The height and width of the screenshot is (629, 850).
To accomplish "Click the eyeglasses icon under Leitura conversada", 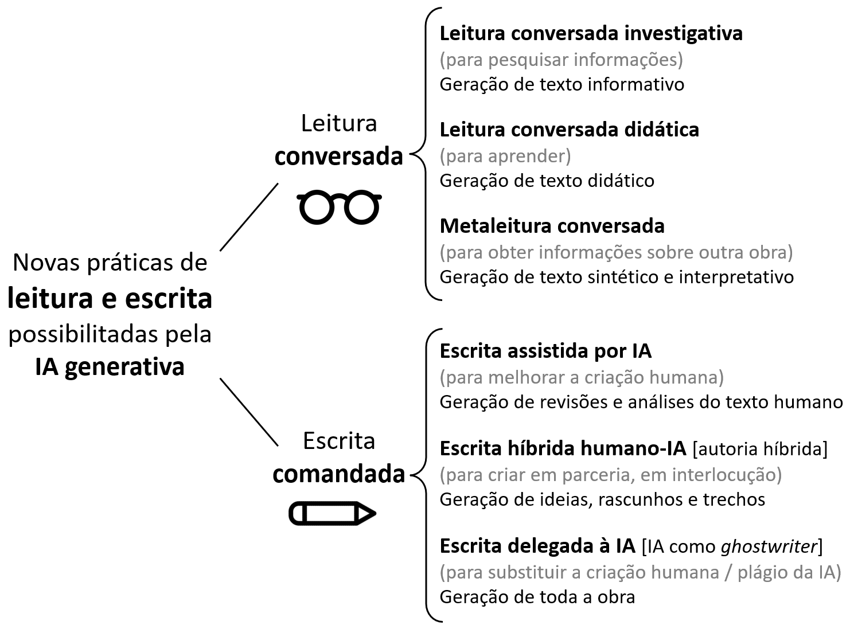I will click(x=338, y=207).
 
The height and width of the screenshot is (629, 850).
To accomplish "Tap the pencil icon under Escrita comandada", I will click(x=332, y=513).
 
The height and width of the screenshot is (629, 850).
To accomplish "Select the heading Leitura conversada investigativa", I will click(x=591, y=33).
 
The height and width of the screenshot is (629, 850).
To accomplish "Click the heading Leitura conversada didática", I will click(x=569, y=130).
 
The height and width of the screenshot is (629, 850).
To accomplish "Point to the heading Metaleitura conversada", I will click(x=552, y=226).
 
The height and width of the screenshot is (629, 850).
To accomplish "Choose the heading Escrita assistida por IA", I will click(x=545, y=351).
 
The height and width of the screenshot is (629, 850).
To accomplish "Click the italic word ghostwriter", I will click(x=769, y=546).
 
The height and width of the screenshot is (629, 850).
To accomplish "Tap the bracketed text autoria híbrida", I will click(x=760, y=448).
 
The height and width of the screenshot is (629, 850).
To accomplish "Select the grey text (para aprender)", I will click(x=505, y=156).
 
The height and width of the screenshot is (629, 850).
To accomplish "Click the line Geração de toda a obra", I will click(x=537, y=597).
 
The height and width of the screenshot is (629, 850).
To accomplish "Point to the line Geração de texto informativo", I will click(x=562, y=84).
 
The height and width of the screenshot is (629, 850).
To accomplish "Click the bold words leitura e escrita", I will click(x=110, y=299).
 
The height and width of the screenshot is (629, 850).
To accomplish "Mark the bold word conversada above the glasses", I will click(x=338, y=156).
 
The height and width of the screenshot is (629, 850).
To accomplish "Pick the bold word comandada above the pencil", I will click(x=338, y=474).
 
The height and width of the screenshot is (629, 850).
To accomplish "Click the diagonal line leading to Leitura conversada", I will click(x=249, y=217).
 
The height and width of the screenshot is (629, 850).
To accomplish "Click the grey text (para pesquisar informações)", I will click(x=561, y=59).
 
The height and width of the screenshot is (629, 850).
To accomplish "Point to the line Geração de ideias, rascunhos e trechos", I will click(x=602, y=499).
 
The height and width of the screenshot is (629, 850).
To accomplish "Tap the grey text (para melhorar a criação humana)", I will click(x=582, y=377).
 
